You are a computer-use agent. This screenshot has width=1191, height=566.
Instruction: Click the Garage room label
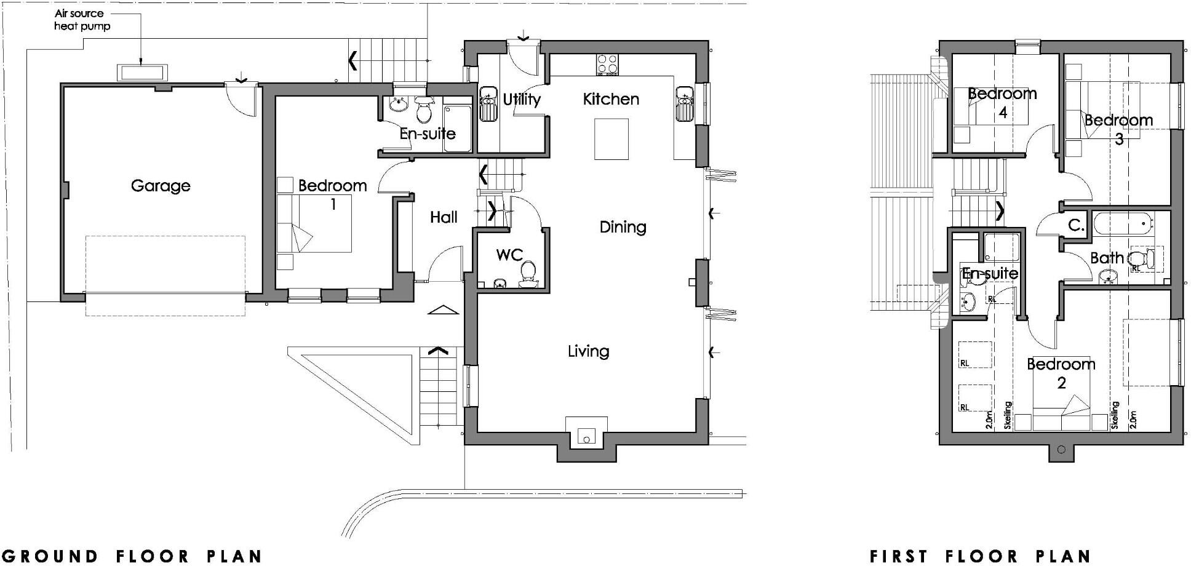(161, 186)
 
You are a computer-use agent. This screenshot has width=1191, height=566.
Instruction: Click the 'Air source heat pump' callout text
(82, 20)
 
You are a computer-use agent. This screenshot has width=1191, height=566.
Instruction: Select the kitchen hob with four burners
(607, 65)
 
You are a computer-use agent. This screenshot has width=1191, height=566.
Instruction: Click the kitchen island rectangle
(611, 139)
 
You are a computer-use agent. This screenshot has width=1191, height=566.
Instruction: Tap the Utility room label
(522, 100)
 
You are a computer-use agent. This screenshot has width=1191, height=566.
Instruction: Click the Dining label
(623, 227)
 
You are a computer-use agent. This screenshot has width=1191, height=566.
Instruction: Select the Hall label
(444, 217)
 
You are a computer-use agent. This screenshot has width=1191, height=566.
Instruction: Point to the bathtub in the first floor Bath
(1122, 223)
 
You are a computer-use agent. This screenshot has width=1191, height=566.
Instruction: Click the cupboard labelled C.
(1075, 225)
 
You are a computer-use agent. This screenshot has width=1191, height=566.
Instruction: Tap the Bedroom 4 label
(1002, 102)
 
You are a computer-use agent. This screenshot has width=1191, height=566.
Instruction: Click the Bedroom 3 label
(1118, 129)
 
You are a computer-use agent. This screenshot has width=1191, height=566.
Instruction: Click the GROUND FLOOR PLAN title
(132, 556)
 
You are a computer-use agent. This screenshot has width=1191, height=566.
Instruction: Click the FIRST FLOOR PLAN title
(980, 556)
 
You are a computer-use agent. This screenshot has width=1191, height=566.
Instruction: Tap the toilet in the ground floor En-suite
(424, 111)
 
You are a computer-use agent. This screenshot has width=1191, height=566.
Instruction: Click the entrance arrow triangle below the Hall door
(444, 310)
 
